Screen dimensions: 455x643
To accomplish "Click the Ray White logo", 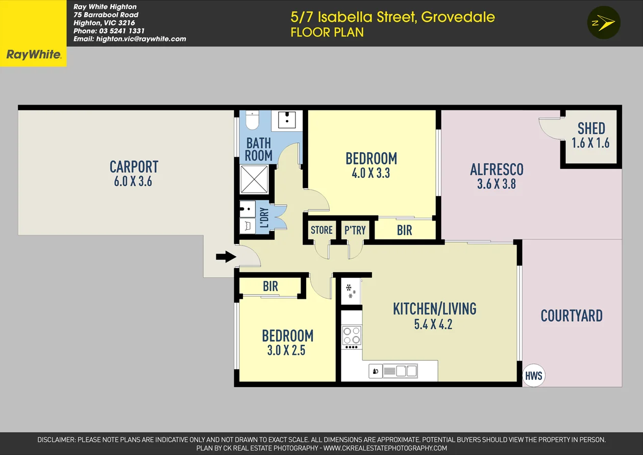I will coord(33,55).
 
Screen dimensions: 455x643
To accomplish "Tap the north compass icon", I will coord(603,23).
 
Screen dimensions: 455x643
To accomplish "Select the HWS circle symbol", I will coord(534,376).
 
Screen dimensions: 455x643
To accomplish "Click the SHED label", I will coord(591,128).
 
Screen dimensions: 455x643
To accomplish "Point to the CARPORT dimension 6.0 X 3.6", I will coord(133,181).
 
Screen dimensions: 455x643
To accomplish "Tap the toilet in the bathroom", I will coord(253,120).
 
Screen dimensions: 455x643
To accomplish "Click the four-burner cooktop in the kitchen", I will coord(352,335).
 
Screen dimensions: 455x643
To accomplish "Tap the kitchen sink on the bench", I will coord(401,371).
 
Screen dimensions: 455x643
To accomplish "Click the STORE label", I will coord(321,230).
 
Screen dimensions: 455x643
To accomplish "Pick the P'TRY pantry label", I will coord(355,230).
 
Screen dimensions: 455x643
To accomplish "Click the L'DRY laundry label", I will coord(264,218).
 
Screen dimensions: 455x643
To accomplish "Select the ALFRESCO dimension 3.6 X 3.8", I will coord(496,184).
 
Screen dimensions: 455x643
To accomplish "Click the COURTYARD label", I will coord(572,316).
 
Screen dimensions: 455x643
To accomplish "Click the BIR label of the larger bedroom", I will coord(404,230).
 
